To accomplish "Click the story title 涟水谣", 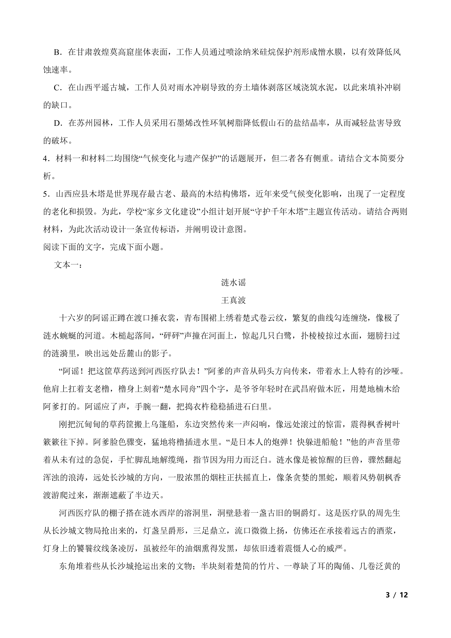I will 233,283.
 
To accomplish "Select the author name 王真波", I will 233,300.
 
